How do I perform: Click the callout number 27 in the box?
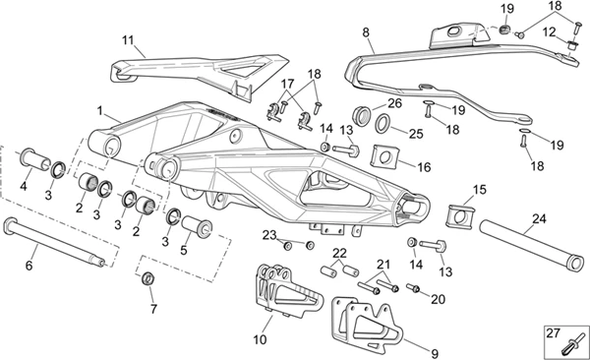553,333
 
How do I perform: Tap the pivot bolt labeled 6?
54,241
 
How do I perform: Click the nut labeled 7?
148,279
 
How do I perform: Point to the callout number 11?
128,40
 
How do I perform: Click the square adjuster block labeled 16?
383,155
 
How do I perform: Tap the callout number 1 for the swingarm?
99,111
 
